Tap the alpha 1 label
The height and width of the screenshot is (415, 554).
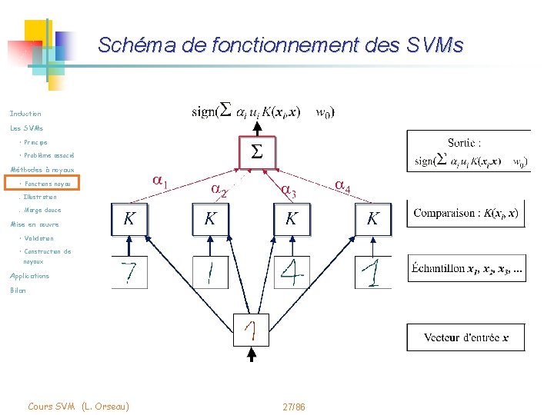pos(159,182)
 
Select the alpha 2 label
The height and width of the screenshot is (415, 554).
pos(218,190)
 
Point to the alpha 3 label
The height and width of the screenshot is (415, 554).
pos(287,189)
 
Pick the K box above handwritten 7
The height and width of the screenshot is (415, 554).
pos(129,218)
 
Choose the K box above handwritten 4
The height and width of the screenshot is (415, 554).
pos(292,218)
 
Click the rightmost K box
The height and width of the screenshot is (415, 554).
pos(372,218)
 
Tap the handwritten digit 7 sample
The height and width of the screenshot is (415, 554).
pos(129,272)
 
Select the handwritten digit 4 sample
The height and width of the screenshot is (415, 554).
pos(292,272)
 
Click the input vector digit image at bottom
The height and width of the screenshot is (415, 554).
pos(251,331)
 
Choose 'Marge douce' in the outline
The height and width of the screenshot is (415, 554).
pos(42,210)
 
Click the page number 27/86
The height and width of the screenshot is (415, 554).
pos(293,407)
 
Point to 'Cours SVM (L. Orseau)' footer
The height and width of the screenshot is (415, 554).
pos(78,406)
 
